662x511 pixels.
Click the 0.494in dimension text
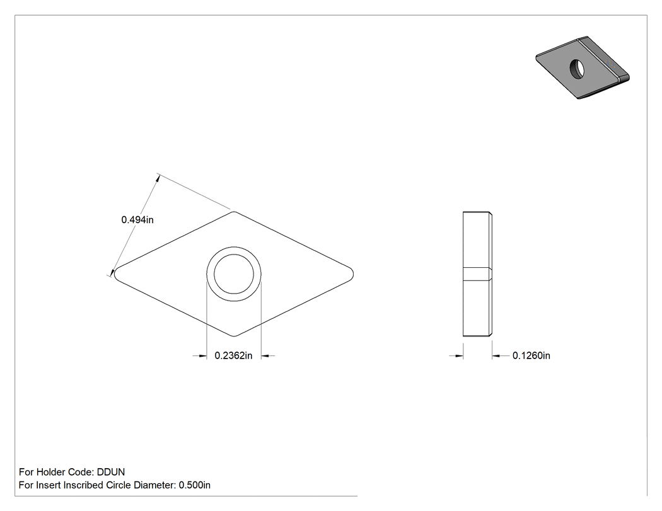(137, 220)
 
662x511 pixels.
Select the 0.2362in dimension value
(233, 356)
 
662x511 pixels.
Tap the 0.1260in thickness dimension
(531, 356)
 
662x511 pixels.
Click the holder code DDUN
(111, 472)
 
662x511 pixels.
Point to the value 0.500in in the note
(195, 485)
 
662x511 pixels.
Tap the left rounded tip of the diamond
(115, 274)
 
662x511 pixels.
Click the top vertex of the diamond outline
(234, 212)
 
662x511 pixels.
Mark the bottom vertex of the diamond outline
(234, 336)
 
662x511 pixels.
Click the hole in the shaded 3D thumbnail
(577, 69)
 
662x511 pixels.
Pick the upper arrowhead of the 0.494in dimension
(158, 178)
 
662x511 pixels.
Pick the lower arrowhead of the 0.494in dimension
(113, 273)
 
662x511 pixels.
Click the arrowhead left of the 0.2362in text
(202, 356)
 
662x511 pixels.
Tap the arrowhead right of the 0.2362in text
(265, 356)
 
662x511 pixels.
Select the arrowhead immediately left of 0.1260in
(496, 356)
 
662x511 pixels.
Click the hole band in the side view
(477, 274)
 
